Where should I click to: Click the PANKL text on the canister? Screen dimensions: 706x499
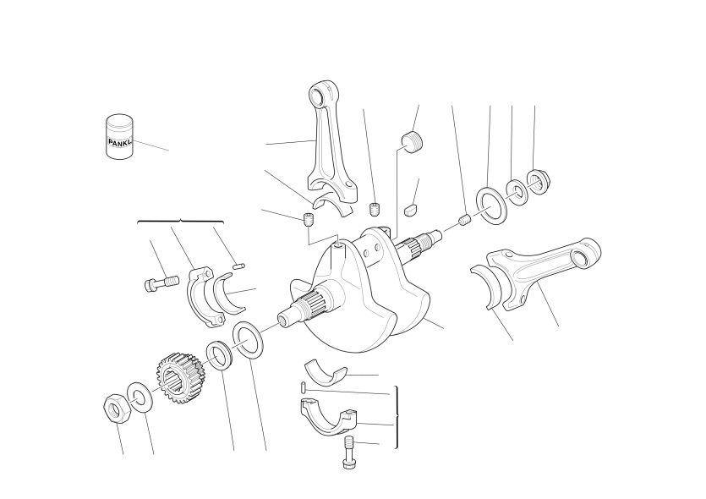[120, 142]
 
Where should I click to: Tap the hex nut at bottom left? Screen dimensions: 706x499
[117, 409]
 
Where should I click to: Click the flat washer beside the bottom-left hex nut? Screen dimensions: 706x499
[140, 398]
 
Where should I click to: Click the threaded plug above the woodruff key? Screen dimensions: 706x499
[413, 142]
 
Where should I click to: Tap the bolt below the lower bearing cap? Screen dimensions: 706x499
[349, 452]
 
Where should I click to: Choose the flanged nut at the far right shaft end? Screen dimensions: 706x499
[538, 182]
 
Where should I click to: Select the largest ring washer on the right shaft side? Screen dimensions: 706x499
[491, 205]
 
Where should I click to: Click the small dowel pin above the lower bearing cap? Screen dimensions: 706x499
[304, 387]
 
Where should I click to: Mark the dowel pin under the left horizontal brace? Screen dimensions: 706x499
[238, 266]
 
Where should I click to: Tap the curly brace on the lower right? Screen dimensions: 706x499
[397, 418]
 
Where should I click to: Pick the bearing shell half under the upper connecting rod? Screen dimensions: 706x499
[333, 202]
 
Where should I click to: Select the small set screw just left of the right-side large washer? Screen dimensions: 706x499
[466, 220]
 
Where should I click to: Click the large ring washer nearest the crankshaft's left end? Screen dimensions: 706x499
[248, 341]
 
